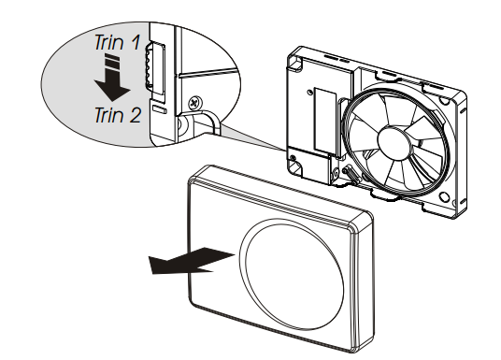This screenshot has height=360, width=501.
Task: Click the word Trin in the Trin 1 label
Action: pyautogui.click(x=108, y=42)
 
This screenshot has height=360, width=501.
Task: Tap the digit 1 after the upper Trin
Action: pyautogui.click(x=136, y=42)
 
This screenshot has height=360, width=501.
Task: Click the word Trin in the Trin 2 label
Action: pyautogui.click(x=108, y=115)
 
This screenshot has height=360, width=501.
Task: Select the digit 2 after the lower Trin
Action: pyautogui.click(x=135, y=115)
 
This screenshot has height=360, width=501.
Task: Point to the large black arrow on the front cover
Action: pyautogui.click(x=192, y=260)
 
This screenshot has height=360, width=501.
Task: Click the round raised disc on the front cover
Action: pyautogui.click(x=292, y=275)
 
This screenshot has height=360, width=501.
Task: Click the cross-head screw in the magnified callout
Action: pyautogui.click(x=195, y=102)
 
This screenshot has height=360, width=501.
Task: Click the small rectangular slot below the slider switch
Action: pyautogui.click(x=160, y=109)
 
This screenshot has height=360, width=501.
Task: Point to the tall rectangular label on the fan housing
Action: pyautogui.click(x=325, y=121)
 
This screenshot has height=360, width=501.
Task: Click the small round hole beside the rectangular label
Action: pyautogui.click(x=308, y=92)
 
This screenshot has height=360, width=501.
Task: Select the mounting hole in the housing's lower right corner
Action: pyautogui.click(x=444, y=196)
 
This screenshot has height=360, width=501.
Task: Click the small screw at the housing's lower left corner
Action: pyautogui.click(x=293, y=158)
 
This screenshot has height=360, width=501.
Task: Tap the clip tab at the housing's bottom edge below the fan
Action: pyautogui.click(x=385, y=195)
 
